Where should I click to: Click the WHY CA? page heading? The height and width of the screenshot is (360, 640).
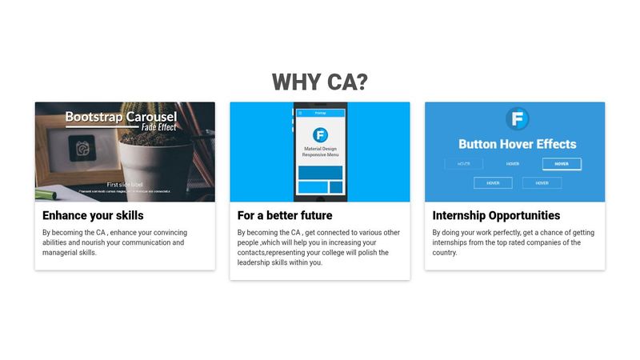[x=319, y=82]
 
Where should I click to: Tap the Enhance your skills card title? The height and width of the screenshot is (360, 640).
[x=93, y=216]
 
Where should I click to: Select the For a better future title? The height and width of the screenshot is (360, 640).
[x=285, y=216]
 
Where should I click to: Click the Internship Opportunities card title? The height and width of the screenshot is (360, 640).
[x=496, y=216]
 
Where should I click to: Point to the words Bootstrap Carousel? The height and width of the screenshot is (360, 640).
[x=121, y=117]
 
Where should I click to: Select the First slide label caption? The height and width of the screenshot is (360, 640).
[x=125, y=184]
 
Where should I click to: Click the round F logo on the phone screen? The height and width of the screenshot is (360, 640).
[x=320, y=134]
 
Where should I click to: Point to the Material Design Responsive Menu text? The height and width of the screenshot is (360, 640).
[x=320, y=152]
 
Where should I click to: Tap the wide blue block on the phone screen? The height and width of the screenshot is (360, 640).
[x=320, y=172]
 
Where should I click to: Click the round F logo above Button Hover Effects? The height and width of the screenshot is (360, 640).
[x=517, y=120]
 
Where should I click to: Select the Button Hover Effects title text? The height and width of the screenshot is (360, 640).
[x=517, y=145]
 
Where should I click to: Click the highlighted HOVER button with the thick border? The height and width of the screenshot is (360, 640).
[x=562, y=164]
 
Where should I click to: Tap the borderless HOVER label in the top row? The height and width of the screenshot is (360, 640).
[x=513, y=164]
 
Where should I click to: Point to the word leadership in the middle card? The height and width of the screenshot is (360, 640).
[x=257, y=262]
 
